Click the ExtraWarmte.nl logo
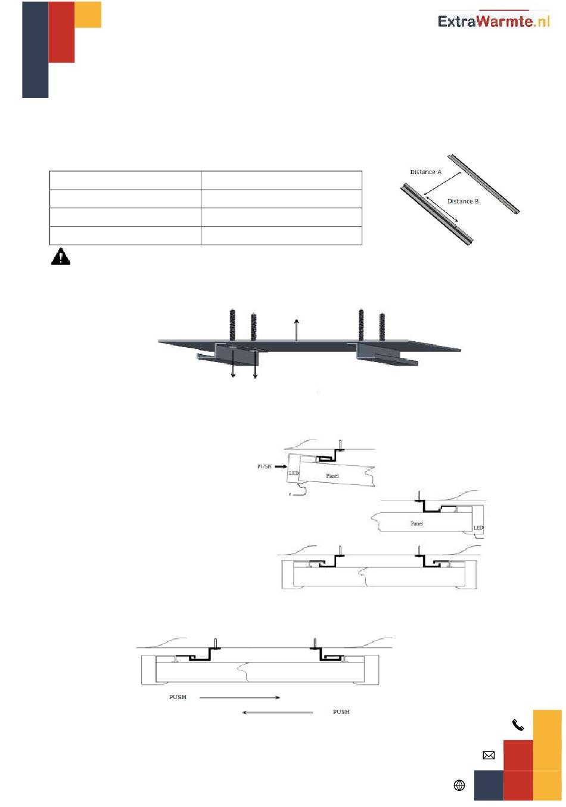493,21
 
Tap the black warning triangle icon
60,256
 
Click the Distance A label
425,172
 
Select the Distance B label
463,202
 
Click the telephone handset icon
518,725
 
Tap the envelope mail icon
489,755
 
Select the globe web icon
459,786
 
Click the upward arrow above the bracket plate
296,330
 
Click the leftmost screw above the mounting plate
232,324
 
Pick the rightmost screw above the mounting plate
382,327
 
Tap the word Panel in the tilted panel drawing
332,476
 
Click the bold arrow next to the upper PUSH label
281,466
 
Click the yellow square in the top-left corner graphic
88,14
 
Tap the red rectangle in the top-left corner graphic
61,32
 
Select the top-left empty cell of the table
125,180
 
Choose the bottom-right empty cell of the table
281,236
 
